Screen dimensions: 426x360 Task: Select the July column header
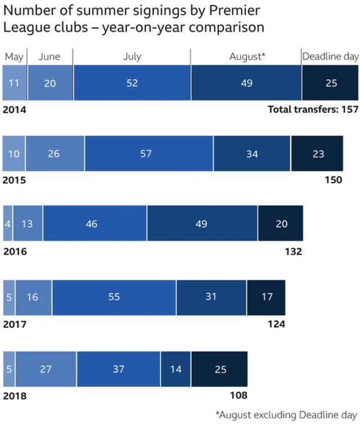tap(132, 56)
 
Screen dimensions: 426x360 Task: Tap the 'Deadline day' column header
tap(330, 56)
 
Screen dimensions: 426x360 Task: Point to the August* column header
tap(246, 56)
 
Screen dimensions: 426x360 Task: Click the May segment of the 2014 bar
tap(15, 83)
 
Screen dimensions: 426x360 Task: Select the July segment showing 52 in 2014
tap(132, 83)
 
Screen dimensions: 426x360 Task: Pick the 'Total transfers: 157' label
tap(313, 109)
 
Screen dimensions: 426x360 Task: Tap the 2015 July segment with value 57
tap(146, 153)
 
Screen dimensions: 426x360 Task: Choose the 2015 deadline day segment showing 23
tap(318, 153)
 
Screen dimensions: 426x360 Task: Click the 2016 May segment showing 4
tap(8, 224)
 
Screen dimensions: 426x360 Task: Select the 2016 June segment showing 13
tap(28, 224)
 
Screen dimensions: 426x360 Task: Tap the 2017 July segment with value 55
tap(114, 297)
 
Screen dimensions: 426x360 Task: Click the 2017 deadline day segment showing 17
tap(265, 297)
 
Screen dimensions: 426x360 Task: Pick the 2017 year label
tap(15, 324)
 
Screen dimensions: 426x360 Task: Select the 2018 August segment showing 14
tap(175, 369)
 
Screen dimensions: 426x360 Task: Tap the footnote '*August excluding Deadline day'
tap(286, 415)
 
